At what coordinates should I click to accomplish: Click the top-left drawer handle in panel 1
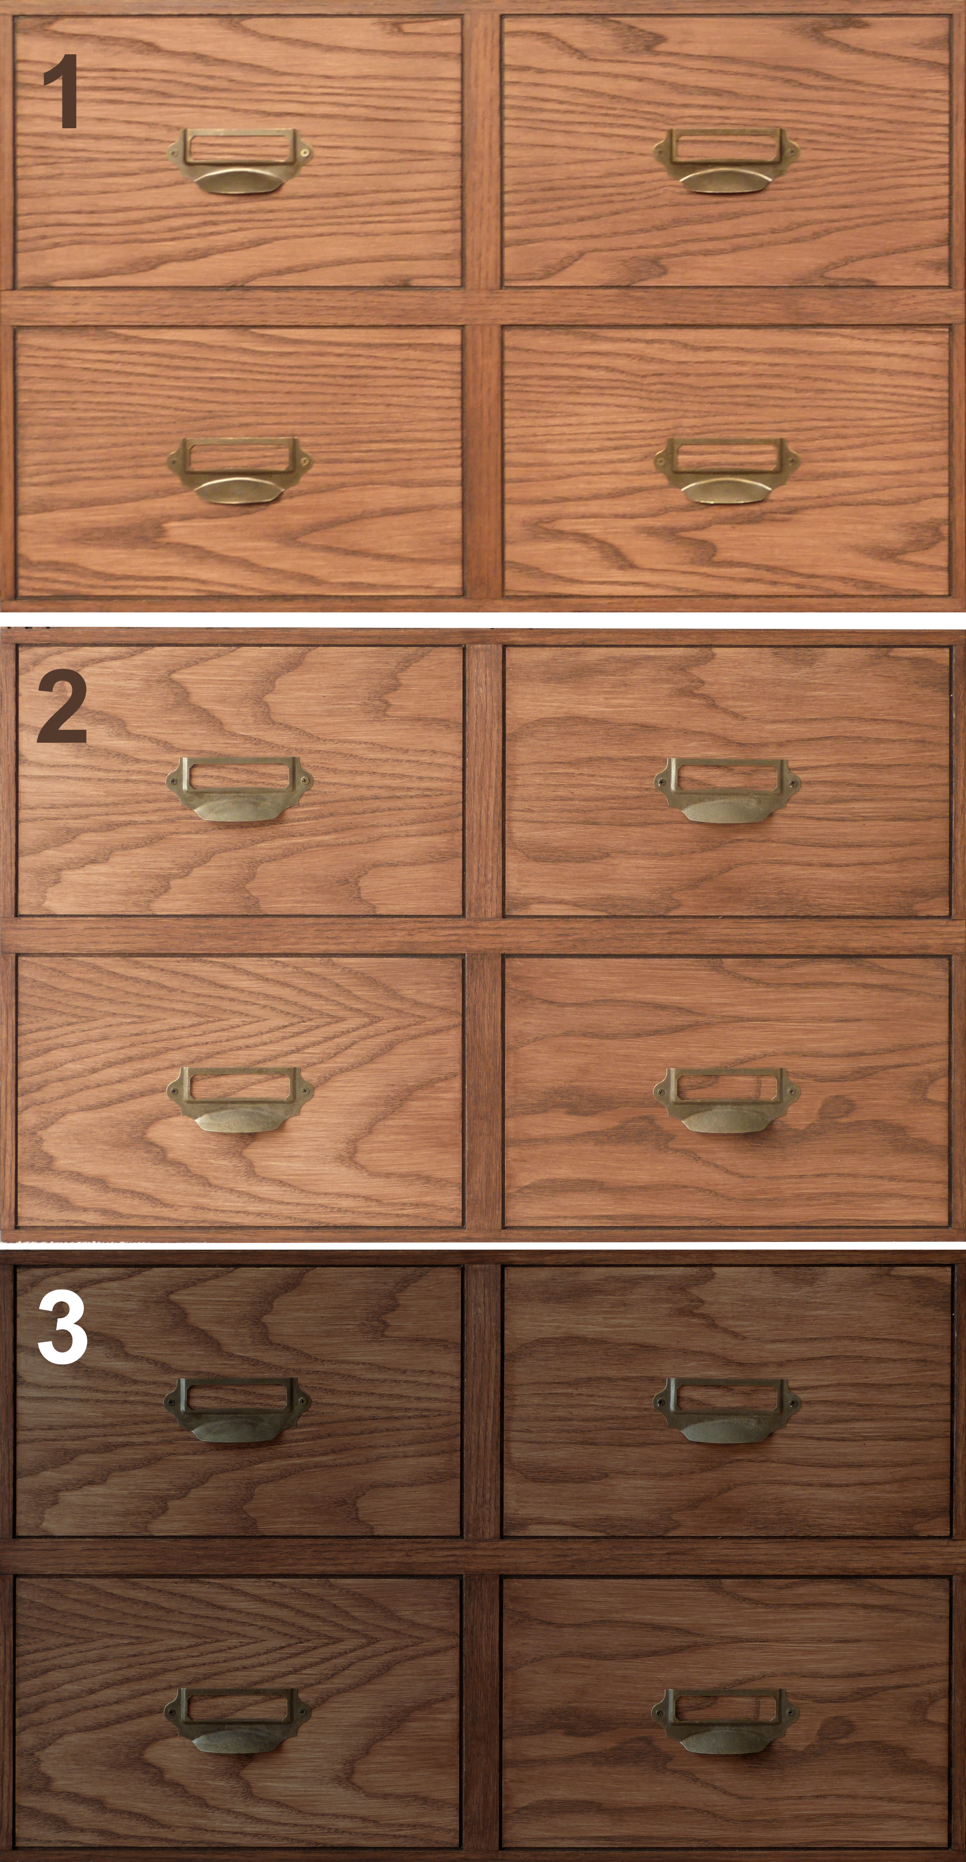coord(240,160)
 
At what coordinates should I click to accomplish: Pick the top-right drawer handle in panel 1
coord(726,160)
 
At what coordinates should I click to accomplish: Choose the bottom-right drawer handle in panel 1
coord(727,470)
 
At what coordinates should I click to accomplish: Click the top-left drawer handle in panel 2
coord(239,789)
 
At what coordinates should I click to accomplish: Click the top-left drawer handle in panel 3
coord(238,1409)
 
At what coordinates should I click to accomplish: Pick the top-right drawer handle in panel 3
coord(727,1409)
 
